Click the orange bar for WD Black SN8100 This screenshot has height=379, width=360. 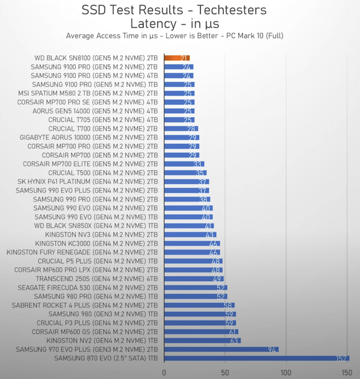pos(177,58)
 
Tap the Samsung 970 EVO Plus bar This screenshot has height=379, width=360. pos(221,350)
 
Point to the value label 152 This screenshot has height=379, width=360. pos(341,358)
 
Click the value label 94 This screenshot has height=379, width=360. pos(272,350)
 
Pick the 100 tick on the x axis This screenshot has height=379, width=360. pos(286,373)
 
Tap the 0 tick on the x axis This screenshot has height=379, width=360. pos(164,373)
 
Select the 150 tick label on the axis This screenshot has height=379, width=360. pos(347,373)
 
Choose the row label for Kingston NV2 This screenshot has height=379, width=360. pos(102,341)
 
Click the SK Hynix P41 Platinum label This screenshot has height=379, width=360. pos(87,181)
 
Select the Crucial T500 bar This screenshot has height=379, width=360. pos(185,173)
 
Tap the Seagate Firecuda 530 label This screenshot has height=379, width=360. pos(87,288)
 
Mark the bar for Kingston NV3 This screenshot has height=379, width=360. pos(190,234)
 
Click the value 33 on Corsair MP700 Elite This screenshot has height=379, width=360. pos(198,164)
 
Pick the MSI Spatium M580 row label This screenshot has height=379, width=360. pos(88,93)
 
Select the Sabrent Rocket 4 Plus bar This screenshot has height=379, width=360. pos(199,305)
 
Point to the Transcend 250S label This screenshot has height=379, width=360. pos(96,279)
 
